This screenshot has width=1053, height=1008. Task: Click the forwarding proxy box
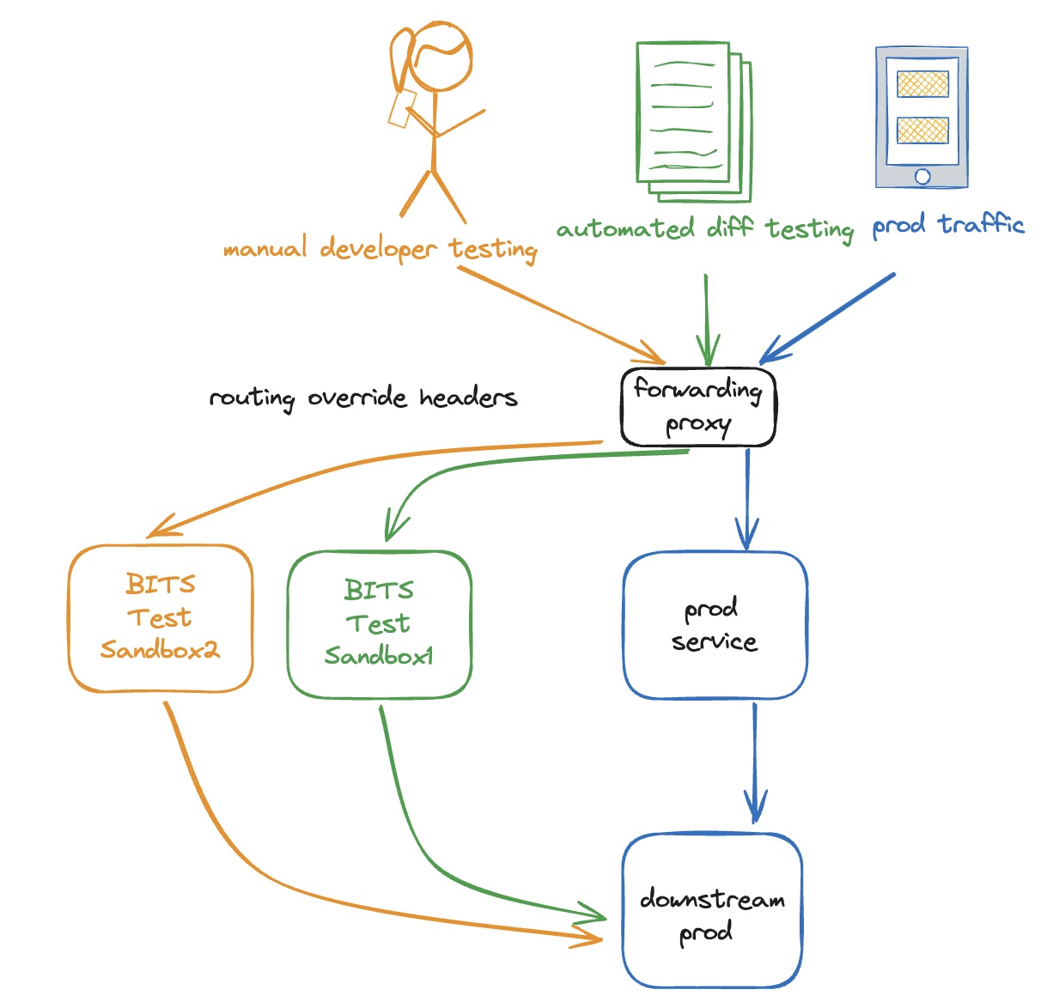tap(698, 407)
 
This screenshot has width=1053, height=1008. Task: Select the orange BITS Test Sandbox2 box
tap(161, 618)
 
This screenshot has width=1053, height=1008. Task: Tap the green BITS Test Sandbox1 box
tap(379, 624)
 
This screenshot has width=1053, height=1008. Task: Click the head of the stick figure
tap(440, 57)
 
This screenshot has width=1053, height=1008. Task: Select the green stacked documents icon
tap(691, 118)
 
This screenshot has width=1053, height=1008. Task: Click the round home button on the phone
tap(922, 176)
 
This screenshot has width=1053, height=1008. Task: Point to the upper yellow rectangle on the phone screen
tap(922, 84)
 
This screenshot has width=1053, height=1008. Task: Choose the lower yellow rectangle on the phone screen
tap(922, 131)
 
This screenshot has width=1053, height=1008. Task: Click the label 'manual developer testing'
tap(380, 249)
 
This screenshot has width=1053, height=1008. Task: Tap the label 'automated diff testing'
tap(704, 229)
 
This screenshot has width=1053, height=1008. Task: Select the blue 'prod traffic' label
tap(948, 226)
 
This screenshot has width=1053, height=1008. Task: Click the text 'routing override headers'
tap(363, 398)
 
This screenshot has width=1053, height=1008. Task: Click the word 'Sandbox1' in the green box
tap(379, 657)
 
